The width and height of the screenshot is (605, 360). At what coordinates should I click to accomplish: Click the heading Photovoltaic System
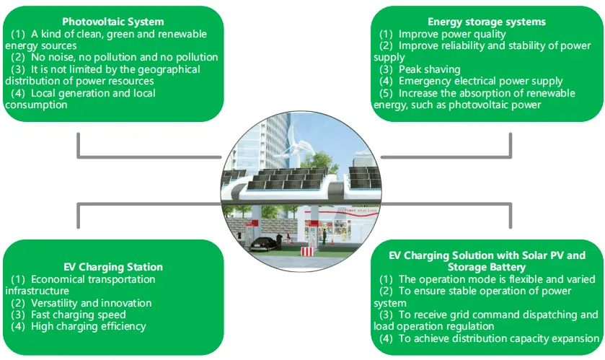pos(112,22)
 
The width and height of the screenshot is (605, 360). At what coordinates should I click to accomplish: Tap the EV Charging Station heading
pos(112,267)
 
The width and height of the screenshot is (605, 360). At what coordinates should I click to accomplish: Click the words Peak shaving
pos(429,69)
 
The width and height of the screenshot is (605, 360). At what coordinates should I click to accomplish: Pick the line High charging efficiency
pos(88,326)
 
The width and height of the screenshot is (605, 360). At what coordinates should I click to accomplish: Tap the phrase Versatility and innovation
pos(91,303)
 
